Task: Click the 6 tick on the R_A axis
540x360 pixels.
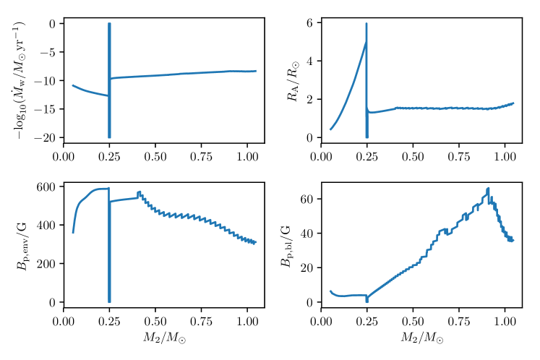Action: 309,23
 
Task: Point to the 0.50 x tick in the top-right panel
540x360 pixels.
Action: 412,154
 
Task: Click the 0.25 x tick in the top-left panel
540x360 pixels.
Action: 109,154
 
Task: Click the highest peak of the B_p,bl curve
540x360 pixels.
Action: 489,189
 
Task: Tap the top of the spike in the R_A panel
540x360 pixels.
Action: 367,24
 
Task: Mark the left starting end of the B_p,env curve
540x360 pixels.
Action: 73,232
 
